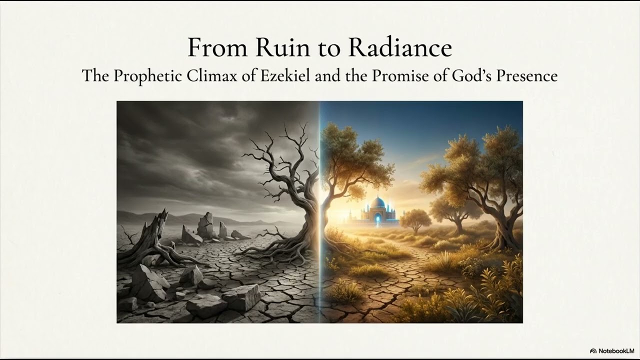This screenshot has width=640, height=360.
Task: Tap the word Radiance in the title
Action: tap(400, 47)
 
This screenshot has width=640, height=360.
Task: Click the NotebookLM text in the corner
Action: tap(616, 351)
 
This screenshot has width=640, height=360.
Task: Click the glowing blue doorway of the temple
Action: tap(377, 218)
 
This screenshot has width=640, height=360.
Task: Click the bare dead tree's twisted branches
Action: tap(280, 160)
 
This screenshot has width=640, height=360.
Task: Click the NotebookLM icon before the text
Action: tap(593, 351)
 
